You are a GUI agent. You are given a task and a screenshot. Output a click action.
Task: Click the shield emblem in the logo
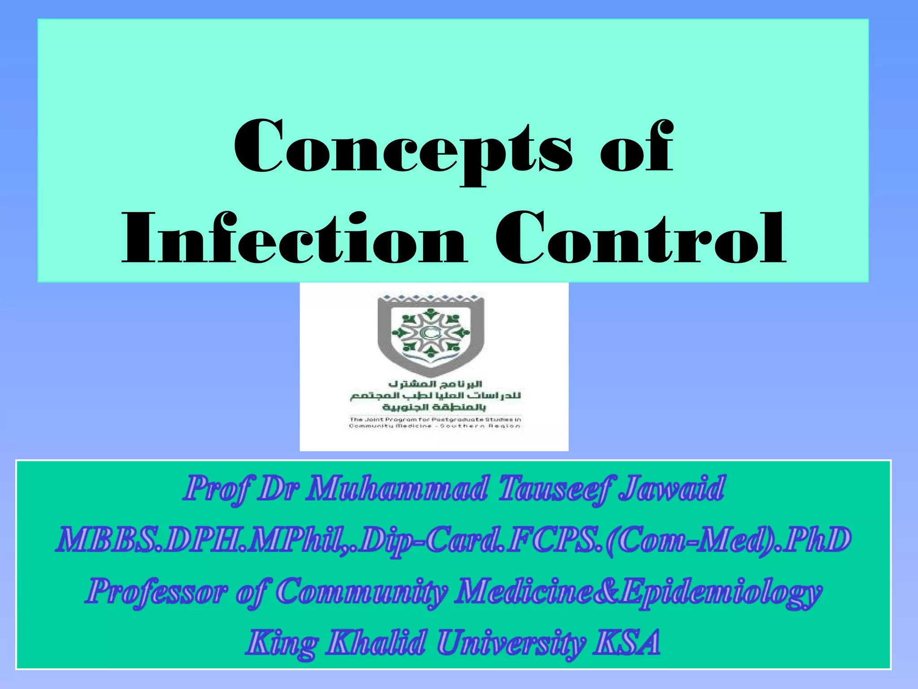point(430,334)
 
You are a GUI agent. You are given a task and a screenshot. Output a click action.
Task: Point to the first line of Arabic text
point(435,384)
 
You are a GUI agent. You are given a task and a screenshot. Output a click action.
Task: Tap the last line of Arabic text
point(434,407)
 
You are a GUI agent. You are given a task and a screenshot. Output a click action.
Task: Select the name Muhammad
point(397,489)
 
